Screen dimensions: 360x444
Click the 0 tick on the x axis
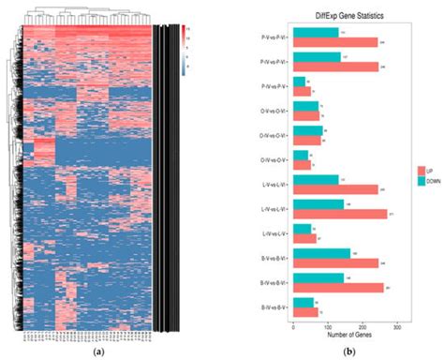pyautogui.click(x=294, y=327)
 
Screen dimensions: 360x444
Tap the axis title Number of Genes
pyautogui.click(x=345, y=336)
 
